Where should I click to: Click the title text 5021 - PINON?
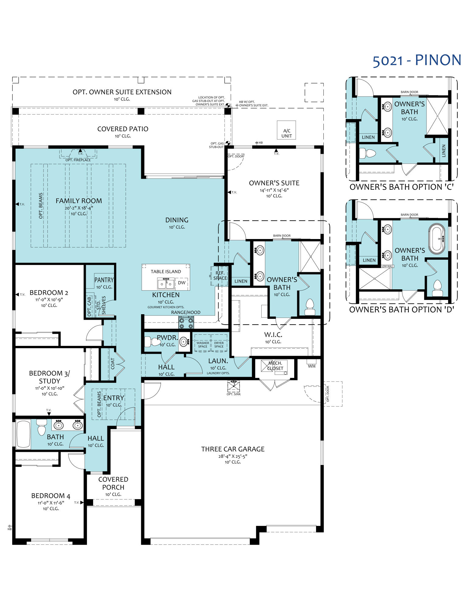417,61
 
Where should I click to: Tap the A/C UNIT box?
286,133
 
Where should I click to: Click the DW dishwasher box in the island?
182,283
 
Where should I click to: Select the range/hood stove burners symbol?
186,322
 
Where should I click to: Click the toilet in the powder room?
152,342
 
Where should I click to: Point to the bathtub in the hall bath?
23,434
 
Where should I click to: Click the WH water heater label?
312,366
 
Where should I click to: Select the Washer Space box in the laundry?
203,344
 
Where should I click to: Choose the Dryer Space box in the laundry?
219,344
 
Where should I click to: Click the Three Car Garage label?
233,449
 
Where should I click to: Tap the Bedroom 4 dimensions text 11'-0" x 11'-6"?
51,503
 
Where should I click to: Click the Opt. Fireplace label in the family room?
78,160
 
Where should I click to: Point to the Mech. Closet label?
275,366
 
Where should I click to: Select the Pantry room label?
104,280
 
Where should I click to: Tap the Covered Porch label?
113,483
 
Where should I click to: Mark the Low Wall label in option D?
388,266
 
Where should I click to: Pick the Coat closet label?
113,364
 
